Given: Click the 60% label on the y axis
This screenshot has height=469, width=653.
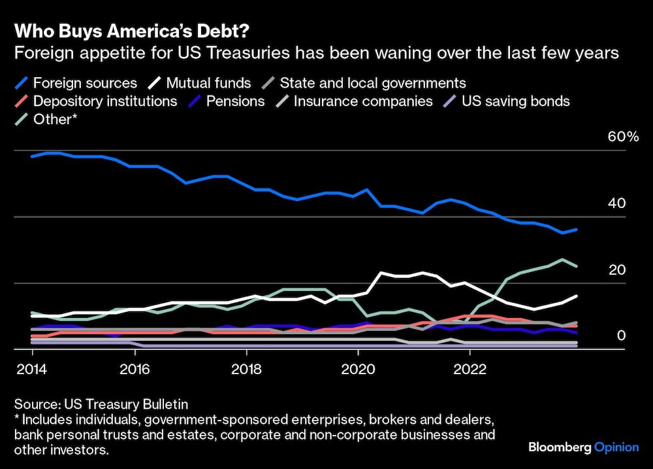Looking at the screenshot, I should [x=623, y=137].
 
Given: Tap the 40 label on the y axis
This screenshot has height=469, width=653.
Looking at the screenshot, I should [x=618, y=203].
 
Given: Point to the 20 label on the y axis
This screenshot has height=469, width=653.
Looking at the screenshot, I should [x=618, y=270].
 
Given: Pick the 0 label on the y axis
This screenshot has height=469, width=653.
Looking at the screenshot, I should [x=622, y=336].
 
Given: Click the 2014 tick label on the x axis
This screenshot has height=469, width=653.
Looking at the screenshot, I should [x=32, y=368].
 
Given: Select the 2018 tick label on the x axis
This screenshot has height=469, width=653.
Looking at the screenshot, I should [x=246, y=368].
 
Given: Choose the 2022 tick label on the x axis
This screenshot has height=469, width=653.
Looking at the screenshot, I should [x=470, y=368].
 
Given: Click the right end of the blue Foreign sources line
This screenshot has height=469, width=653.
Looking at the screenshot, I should [x=576, y=230].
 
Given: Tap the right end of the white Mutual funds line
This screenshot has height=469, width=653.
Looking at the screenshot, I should [x=576, y=296].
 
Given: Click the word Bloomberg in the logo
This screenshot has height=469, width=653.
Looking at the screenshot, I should [x=559, y=447].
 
